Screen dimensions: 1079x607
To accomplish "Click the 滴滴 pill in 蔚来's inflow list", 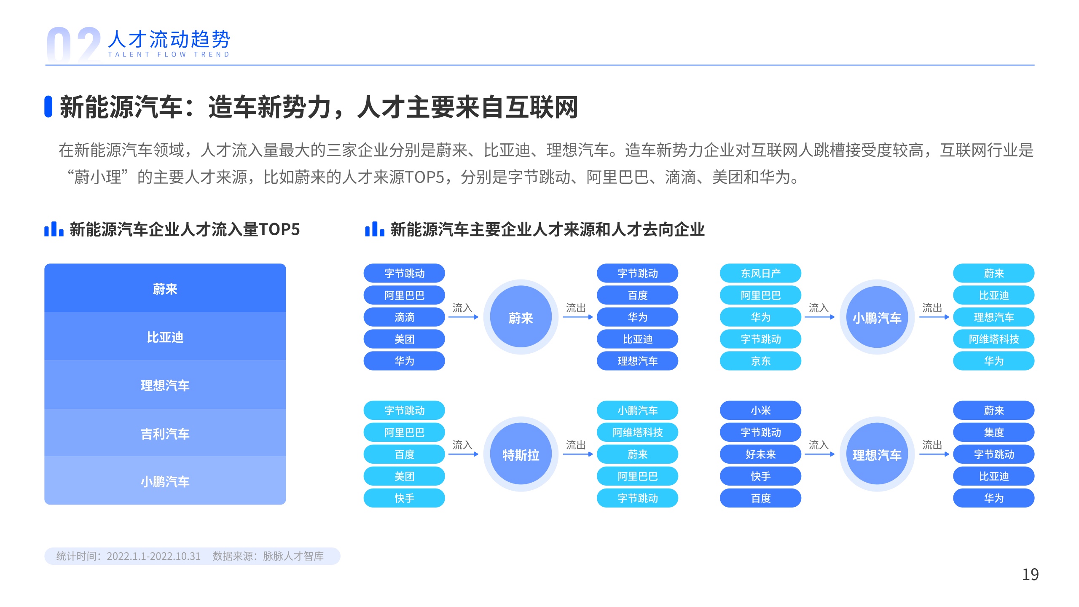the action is [404, 317].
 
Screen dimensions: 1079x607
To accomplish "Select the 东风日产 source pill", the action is [760, 273].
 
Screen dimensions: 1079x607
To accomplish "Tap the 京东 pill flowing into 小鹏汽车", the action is [760, 361].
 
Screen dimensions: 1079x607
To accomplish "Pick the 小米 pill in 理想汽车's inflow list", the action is [760, 410].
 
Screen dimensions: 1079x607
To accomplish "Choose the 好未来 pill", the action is [760, 454].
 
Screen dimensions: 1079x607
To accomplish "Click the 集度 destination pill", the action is [993, 432].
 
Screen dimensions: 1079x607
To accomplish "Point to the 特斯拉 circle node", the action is [521, 454].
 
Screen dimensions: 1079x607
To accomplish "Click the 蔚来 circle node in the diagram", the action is [521, 317].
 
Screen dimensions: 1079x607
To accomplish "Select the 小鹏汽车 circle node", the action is [877, 317].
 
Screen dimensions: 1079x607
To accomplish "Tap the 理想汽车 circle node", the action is [877, 454].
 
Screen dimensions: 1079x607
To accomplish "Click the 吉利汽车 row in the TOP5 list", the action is [165, 433].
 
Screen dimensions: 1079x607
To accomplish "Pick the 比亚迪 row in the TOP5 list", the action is [165, 336].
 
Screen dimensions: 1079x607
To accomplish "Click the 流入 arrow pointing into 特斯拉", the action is [463, 454].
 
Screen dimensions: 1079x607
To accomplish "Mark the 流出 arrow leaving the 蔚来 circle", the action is [578, 317].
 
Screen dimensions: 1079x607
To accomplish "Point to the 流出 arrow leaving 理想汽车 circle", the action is [934, 454].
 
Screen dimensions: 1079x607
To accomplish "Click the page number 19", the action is [1030, 575].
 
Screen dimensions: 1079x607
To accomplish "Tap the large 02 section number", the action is [74, 45].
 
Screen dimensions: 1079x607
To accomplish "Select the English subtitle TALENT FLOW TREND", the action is [169, 54].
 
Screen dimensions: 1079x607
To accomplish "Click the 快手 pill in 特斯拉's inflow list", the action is [404, 498].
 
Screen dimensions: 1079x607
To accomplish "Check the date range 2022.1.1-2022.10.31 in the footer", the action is [153, 556].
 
